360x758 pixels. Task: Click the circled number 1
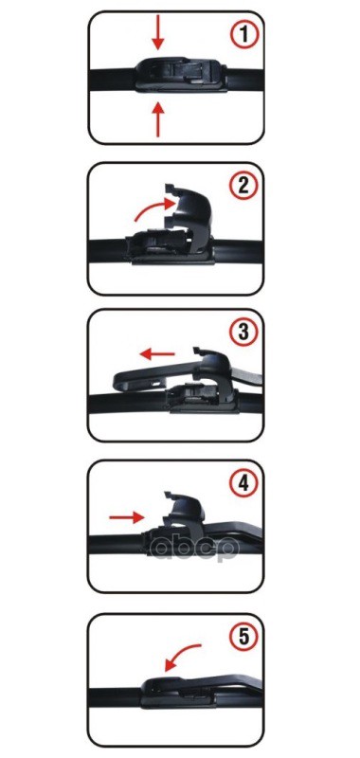point(244,35)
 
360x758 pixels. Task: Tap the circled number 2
point(244,185)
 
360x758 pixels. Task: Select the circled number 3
point(244,333)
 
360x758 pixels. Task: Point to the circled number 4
point(244,483)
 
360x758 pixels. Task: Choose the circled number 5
point(244,636)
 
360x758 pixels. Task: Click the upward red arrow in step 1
point(158,120)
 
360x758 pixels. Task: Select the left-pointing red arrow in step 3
point(157,354)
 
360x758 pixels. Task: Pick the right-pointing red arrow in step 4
point(127,517)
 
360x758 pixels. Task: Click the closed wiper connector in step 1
point(181,74)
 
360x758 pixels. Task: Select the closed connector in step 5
point(179,693)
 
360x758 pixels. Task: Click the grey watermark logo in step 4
point(194,548)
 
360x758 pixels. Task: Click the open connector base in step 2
point(164,248)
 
